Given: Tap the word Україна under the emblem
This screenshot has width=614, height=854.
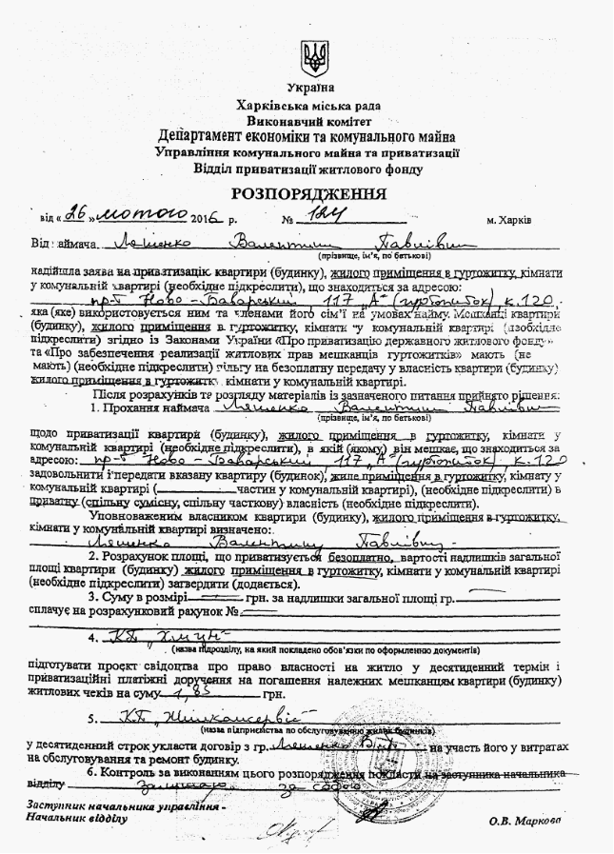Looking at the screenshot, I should click(x=308, y=87).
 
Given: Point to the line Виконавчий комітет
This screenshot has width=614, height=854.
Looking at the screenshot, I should click(x=308, y=121).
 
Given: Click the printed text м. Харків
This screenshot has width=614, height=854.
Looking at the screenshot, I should click(x=507, y=220).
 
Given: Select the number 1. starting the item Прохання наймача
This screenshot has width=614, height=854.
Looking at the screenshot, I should click(x=98, y=407).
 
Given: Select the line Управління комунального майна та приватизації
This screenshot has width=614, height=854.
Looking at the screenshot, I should click(x=307, y=152).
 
